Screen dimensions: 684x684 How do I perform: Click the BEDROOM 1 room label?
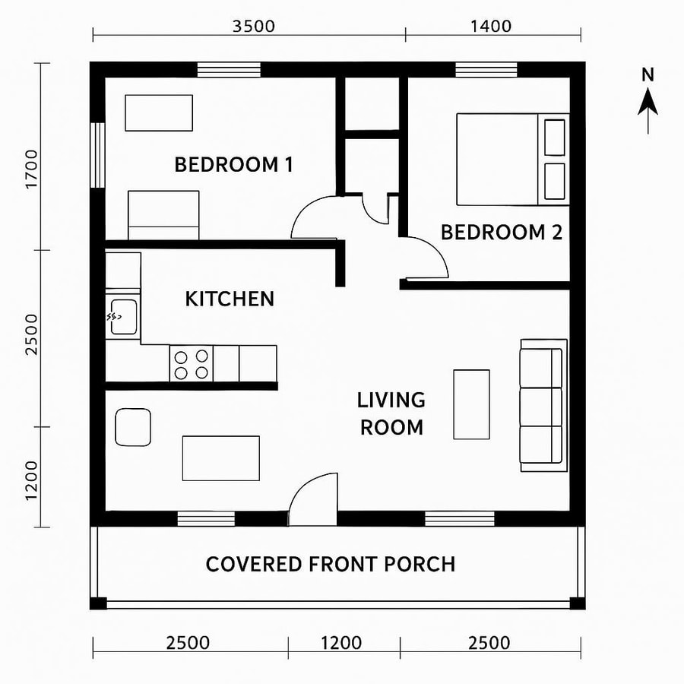[x=233, y=164]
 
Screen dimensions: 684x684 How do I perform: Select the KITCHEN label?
[x=230, y=299]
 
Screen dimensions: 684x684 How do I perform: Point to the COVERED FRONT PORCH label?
[x=331, y=564]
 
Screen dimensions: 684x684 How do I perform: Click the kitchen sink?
[x=122, y=316]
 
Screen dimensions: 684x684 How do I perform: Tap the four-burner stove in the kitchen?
[x=191, y=363]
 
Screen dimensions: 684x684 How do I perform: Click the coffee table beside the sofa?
[x=471, y=404]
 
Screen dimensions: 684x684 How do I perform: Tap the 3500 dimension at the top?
[x=253, y=26]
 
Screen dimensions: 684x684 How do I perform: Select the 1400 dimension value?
[x=490, y=26]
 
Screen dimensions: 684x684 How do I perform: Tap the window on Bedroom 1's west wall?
[x=97, y=154]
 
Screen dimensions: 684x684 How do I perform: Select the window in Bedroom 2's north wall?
[x=487, y=70]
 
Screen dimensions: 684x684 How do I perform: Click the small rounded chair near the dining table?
[x=133, y=427]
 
